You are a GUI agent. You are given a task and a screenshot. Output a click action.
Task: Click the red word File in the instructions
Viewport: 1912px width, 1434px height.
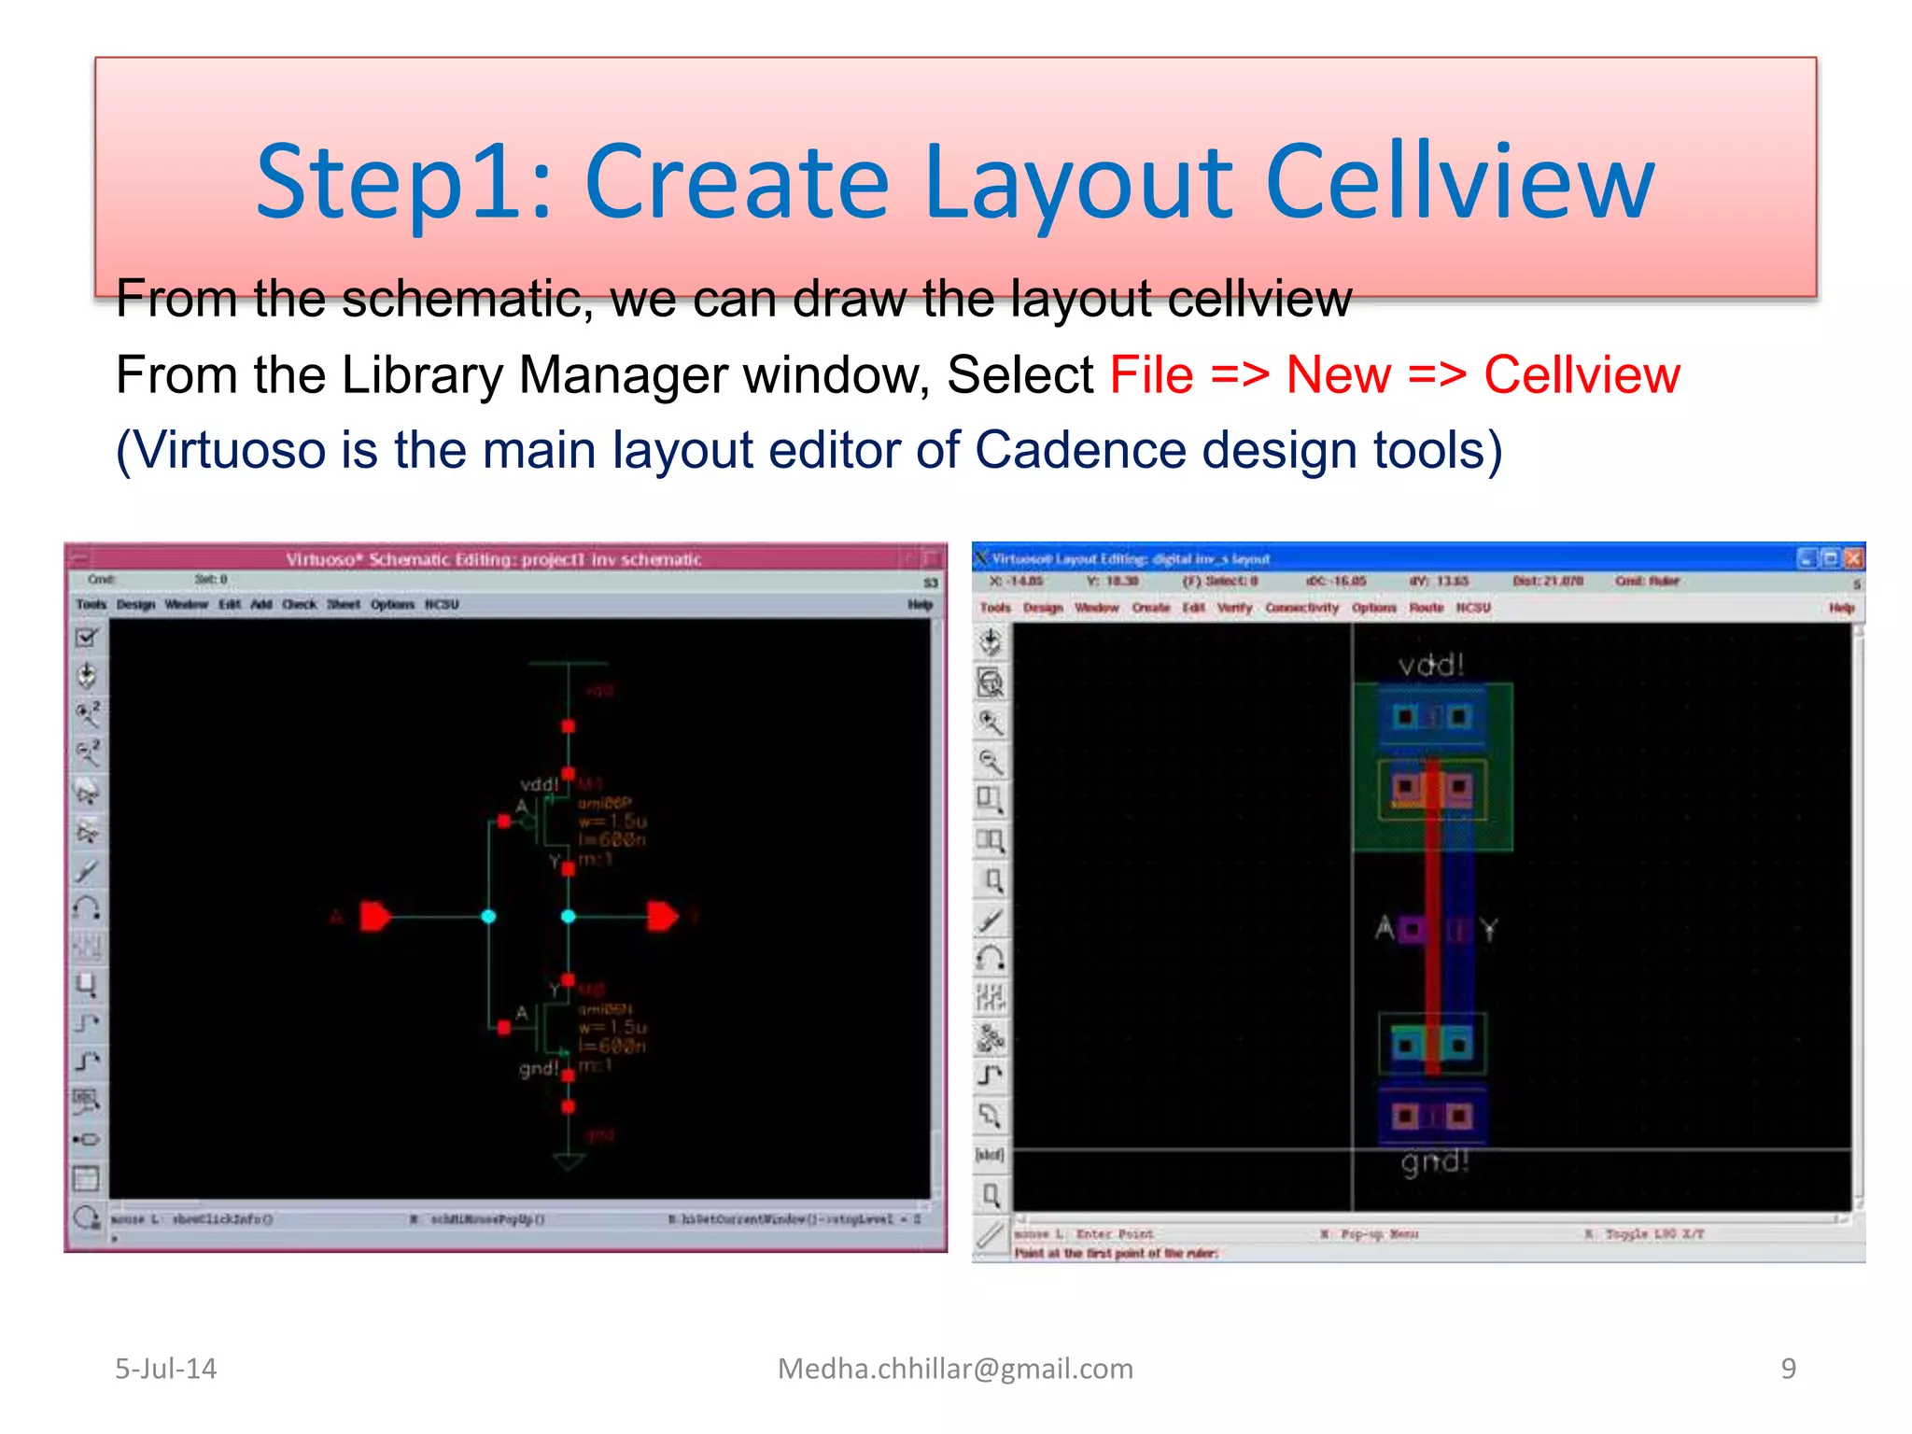click(x=1150, y=375)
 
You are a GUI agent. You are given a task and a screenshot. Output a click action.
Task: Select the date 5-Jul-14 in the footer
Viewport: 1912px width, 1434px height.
click(x=165, y=1369)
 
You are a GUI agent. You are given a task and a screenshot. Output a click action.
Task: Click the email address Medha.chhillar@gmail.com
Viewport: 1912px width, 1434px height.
click(x=955, y=1369)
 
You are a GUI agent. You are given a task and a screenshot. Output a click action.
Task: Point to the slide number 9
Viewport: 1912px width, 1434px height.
click(x=1788, y=1369)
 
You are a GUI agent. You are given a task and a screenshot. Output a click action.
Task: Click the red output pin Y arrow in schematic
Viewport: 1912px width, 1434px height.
click(x=662, y=917)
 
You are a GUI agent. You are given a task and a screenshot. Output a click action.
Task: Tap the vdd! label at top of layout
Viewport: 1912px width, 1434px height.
click(x=1430, y=666)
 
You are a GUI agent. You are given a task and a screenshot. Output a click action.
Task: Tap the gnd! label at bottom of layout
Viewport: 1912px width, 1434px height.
click(x=1435, y=1162)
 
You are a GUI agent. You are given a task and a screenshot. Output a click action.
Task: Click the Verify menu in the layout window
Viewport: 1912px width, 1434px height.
click(x=1234, y=608)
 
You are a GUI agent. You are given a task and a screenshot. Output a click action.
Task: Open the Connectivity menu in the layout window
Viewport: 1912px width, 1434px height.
click(x=1301, y=608)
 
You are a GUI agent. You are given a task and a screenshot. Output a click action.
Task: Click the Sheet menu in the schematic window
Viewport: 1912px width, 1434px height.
click(x=343, y=605)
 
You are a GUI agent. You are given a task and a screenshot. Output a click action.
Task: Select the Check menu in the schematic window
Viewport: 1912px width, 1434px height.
click(x=299, y=605)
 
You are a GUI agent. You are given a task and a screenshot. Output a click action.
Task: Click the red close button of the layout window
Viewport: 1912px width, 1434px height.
click(x=1854, y=558)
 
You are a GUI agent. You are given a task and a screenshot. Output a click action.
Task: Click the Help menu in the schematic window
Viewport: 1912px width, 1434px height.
click(x=920, y=605)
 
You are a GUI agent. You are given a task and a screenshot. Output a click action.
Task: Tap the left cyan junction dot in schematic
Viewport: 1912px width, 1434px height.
click(x=488, y=917)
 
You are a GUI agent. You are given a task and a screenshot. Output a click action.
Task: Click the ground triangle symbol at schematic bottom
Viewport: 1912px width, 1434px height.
click(x=569, y=1162)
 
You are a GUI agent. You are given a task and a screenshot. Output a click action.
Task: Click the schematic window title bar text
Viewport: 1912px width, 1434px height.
click(x=493, y=559)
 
